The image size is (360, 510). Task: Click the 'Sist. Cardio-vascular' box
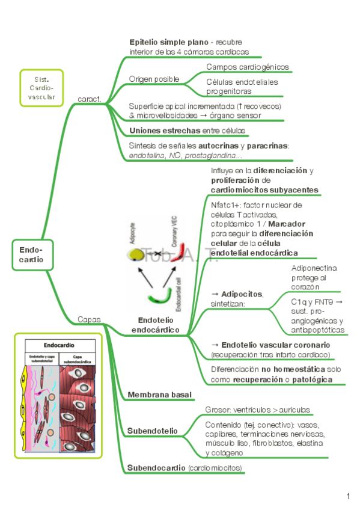(x=41, y=88)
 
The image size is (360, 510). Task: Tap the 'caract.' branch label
(x=89, y=98)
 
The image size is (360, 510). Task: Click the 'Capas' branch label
(x=89, y=319)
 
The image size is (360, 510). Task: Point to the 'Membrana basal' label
(x=159, y=395)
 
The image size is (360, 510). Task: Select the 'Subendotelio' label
(x=152, y=431)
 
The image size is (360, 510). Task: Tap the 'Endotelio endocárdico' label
(x=156, y=325)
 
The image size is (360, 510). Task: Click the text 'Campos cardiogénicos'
(x=247, y=67)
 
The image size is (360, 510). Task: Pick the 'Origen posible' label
(x=154, y=79)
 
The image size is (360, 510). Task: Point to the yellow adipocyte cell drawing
(x=138, y=255)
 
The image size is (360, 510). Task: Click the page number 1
(x=348, y=496)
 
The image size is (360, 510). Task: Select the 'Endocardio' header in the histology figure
(x=58, y=346)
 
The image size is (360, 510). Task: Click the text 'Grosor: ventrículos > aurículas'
(x=258, y=410)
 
